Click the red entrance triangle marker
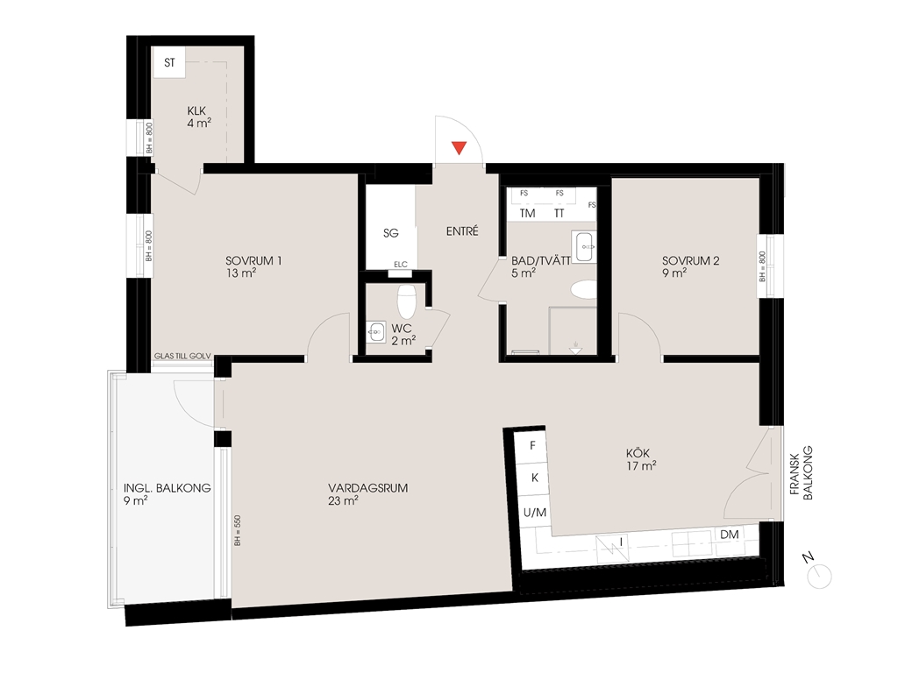(459, 147)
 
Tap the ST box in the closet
(169, 62)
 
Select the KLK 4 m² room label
(197, 117)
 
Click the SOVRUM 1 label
(253, 261)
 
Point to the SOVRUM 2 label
(691, 261)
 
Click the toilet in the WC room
(406, 301)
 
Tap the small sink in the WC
(375, 331)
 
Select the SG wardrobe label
(390, 233)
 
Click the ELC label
(400, 264)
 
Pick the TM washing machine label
(527, 214)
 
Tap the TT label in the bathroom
(559, 214)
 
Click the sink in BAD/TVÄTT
(584, 246)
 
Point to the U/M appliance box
(535, 513)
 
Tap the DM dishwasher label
(730, 535)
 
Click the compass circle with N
(819, 577)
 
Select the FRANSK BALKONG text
(802, 473)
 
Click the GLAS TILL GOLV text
(182, 356)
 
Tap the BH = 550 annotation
(237, 530)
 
